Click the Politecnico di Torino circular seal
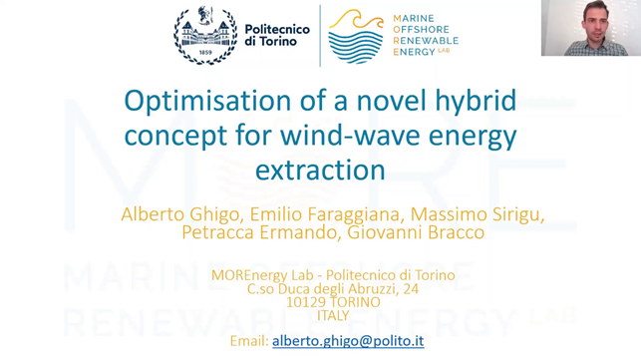205,36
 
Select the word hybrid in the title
467,102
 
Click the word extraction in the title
320,170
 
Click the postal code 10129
305,301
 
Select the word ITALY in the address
333,315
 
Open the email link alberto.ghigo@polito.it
348,341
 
